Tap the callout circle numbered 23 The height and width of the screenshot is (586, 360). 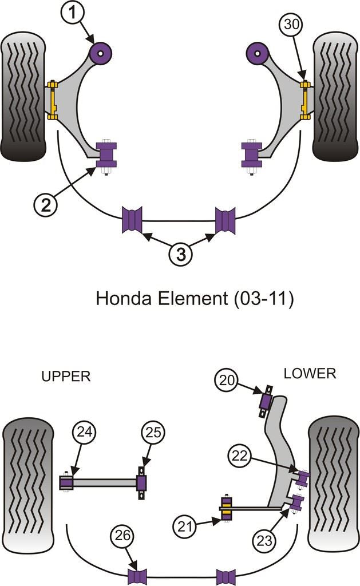268,539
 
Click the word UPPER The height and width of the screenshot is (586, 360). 66,377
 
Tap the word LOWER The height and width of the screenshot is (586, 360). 310,374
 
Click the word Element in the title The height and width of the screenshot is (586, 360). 190,298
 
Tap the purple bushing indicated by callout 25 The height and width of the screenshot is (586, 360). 141,484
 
